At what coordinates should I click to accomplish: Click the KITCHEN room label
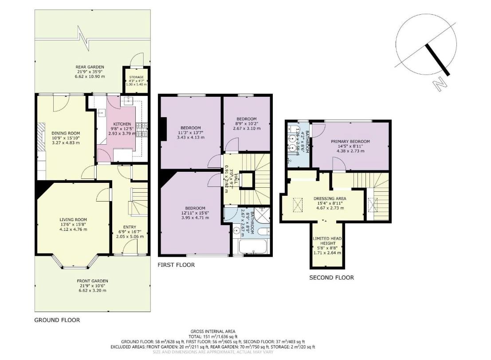coord(110,124)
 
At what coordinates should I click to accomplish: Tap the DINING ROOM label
coord(66,133)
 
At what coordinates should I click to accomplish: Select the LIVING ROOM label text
coord(73,219)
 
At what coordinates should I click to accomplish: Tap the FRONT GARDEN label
coord(92,281)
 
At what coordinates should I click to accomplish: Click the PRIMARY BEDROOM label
coord(350,142)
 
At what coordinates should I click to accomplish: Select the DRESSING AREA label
coord(330,198)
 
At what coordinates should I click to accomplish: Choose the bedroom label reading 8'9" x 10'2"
coord(246,119)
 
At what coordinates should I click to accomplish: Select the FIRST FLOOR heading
coord(176,265)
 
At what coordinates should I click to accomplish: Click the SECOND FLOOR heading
coord(331,278)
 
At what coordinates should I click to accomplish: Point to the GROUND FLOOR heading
coord(57,320)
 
